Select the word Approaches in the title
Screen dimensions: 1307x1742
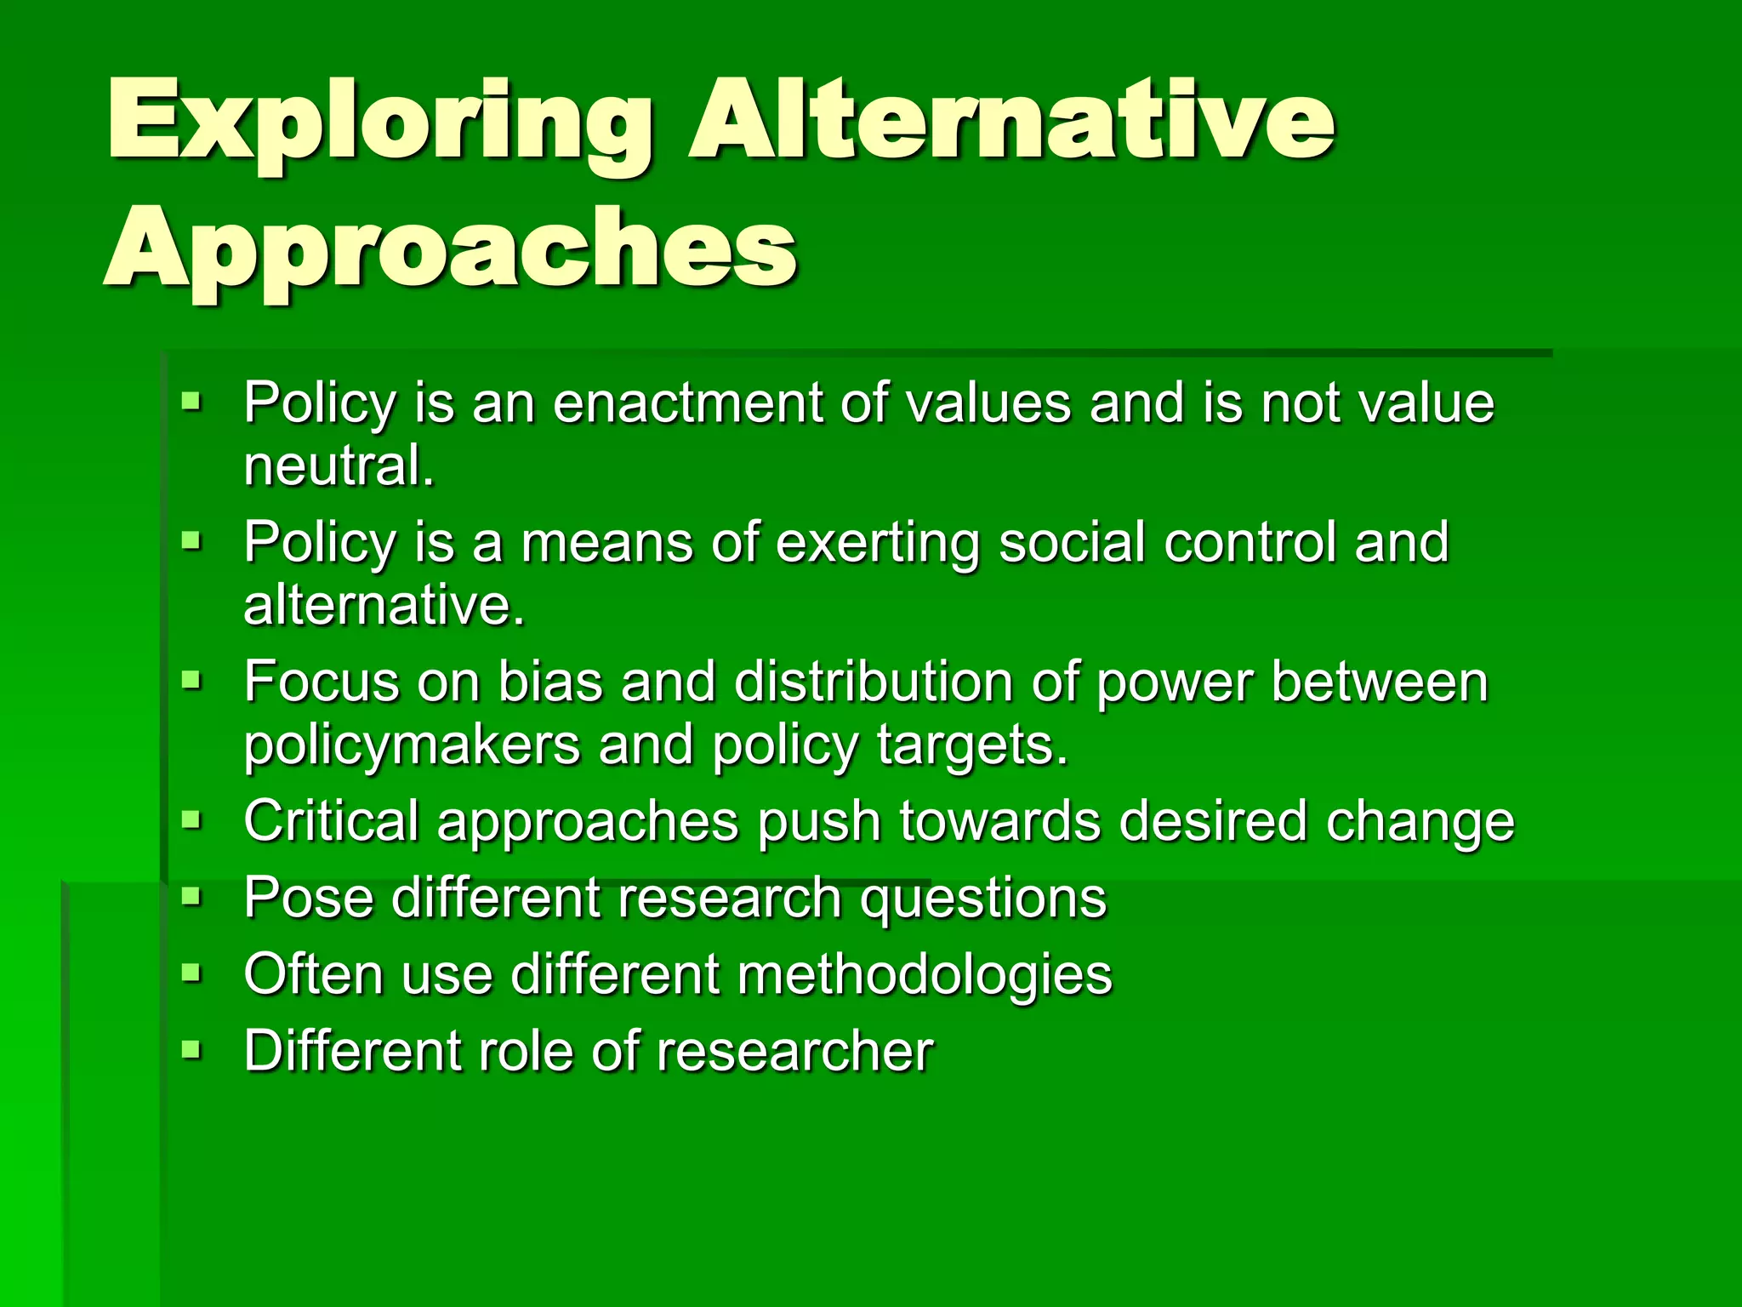(451, 251)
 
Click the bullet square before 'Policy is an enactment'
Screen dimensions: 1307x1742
(191, 400)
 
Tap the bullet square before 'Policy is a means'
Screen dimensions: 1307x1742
(191, 539)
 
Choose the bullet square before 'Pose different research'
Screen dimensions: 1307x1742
(191, 896)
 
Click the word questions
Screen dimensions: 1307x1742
(982, 899)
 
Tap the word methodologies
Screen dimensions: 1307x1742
(925, 975)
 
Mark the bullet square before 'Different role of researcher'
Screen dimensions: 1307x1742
(191, 1049)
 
